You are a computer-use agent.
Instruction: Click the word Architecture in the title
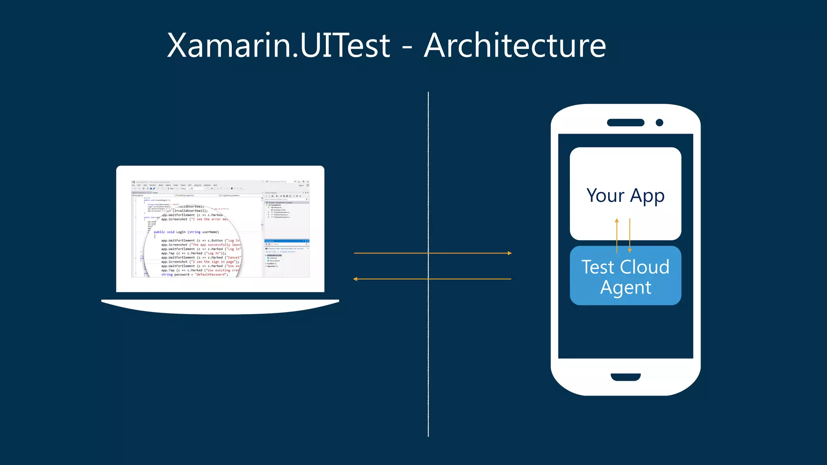(x=515, y=45)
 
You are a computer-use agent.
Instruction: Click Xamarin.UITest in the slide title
(x=279, y=45)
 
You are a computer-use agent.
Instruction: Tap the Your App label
(x=625, y=196)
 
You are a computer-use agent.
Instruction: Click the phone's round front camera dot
(x=659, y=123)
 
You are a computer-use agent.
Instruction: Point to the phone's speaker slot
(x=625, y=123)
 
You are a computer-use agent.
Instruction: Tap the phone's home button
(x=625, y=377)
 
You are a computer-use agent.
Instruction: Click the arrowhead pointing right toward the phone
(x=510, y=253)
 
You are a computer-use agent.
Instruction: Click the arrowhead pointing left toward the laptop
(x=355, y=279)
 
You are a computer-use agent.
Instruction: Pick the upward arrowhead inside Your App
(x=617, y=220)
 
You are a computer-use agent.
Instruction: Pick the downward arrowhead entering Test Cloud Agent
(x=630, y=250)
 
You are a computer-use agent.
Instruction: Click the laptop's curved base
(x=220, y=307)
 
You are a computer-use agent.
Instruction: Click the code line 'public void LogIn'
(x=186, y=232)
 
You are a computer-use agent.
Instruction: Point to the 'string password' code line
(x=194, y=274)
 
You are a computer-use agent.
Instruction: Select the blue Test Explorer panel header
(x=286, y=241)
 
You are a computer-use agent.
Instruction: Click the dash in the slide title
(x=407, y=48)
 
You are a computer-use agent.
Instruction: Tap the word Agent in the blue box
(x=625, y=288)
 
